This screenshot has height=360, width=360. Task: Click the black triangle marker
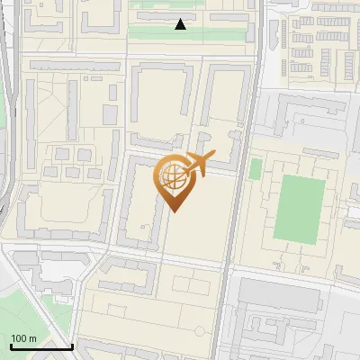tap(181, 24)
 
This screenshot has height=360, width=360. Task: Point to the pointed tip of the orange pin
tap(175, 211)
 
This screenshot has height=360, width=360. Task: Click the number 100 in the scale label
tap(19, 339)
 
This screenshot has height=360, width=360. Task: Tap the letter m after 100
tap(32, 339)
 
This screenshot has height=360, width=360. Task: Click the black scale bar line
tap(40, 346)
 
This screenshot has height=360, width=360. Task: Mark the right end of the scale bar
tap(72, 346)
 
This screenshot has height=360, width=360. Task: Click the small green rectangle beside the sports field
tap(256, 168)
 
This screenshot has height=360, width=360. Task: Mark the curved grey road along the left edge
tap(7, 135)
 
